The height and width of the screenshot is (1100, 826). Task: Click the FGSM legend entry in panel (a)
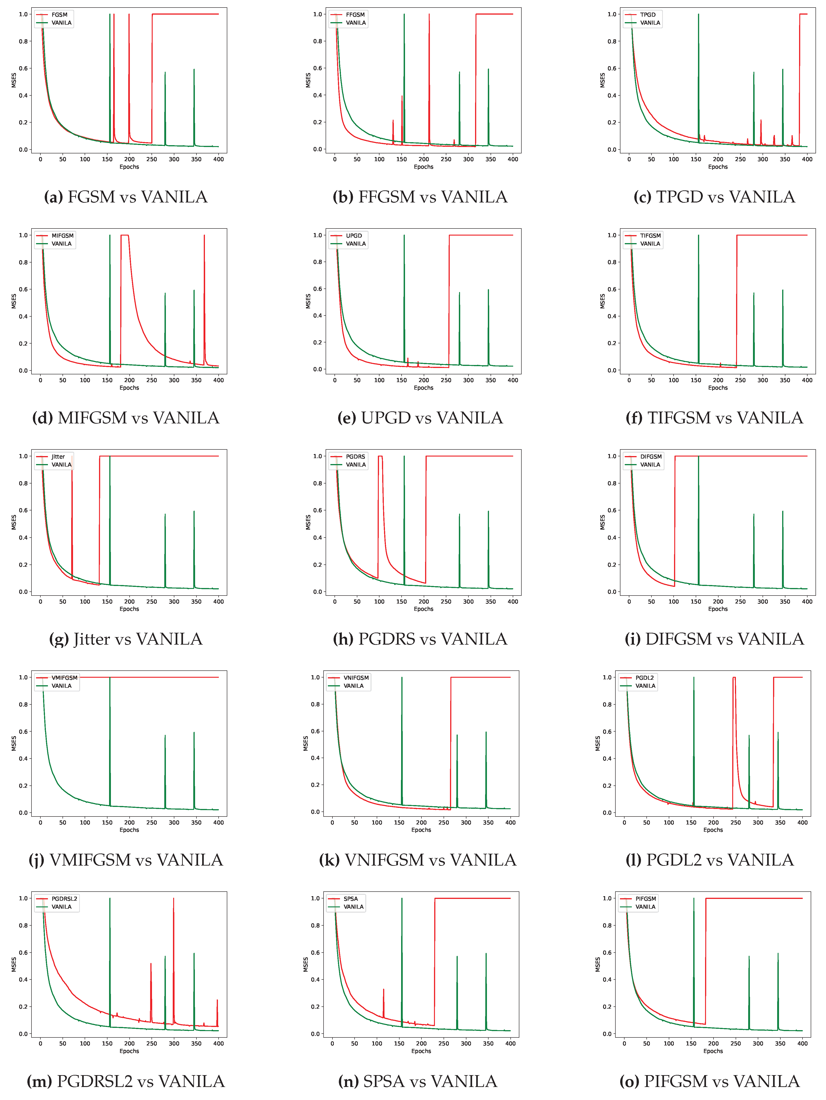[59, 14]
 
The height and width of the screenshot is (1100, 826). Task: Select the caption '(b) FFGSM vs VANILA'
[420, 197]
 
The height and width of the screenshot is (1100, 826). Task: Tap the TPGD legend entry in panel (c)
[648, 14]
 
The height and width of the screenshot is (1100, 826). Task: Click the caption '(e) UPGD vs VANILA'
[420, 418]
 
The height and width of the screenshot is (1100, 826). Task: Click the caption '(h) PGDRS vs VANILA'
[420, 639]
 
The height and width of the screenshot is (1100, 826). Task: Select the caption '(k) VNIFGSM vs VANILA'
[418, 860]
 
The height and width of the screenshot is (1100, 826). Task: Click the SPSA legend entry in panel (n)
[350, 899]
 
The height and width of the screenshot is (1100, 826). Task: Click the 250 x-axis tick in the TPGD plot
[740, 159]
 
